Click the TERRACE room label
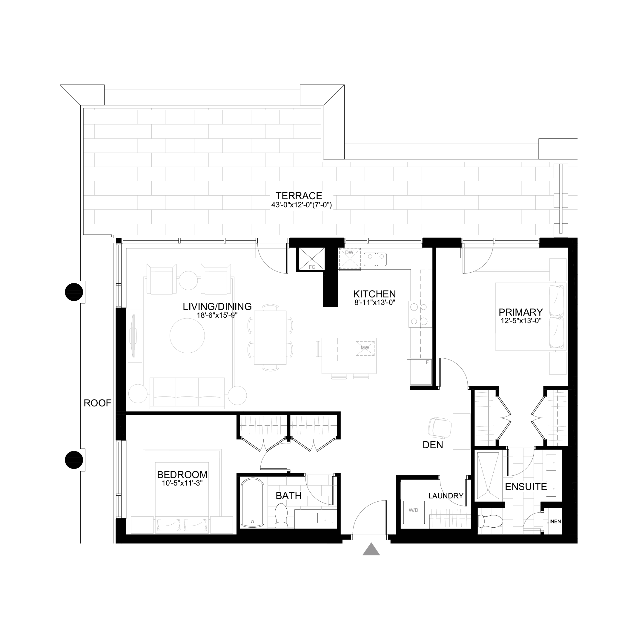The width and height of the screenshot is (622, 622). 299,196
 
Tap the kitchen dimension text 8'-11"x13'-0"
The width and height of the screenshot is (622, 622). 374,302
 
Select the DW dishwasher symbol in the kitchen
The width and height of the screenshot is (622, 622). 349,259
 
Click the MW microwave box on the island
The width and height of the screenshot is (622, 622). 365,348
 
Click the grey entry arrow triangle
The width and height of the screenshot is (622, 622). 371,549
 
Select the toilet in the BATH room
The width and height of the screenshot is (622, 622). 281,516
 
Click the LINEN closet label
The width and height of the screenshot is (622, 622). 553,522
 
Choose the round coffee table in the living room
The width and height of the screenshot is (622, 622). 187,335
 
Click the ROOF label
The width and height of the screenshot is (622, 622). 97,403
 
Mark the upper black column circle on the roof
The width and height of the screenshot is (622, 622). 74,292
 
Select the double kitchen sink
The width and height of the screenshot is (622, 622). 375,259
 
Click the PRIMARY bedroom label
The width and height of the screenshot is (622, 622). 520,312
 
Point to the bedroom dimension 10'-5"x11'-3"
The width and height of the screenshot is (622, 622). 182,483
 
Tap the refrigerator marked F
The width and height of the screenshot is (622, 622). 421,371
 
